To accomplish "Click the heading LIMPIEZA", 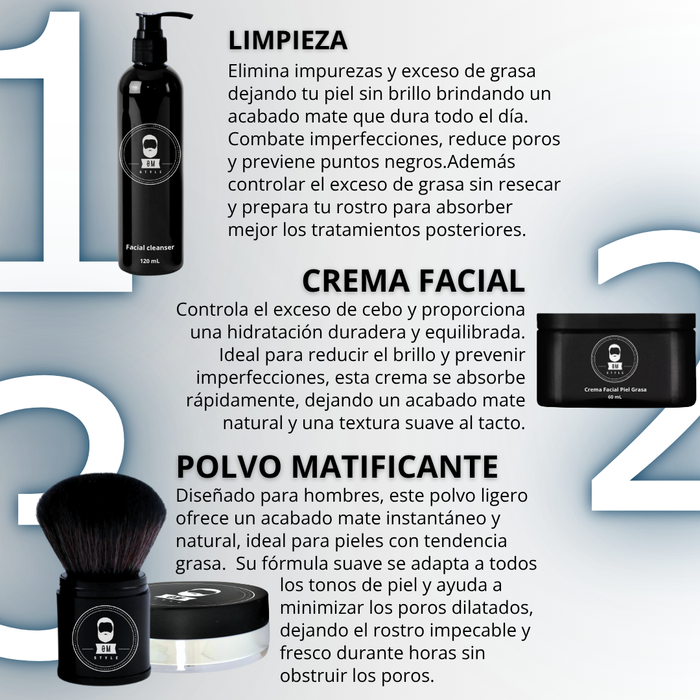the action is click(288, 41).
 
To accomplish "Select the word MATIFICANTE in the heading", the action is click(395, 467).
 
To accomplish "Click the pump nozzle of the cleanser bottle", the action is click(163, 19).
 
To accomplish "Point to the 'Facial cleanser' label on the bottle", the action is click(150, 248).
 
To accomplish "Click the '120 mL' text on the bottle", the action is click(150, 261).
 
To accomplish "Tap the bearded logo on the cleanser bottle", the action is click(150, 154).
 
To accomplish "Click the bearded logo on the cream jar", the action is click(614, 358).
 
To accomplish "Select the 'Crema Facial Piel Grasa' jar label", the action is click(615, 390).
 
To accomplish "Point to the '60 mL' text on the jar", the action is click(614, 397).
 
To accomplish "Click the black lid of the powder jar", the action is click(209, 603).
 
